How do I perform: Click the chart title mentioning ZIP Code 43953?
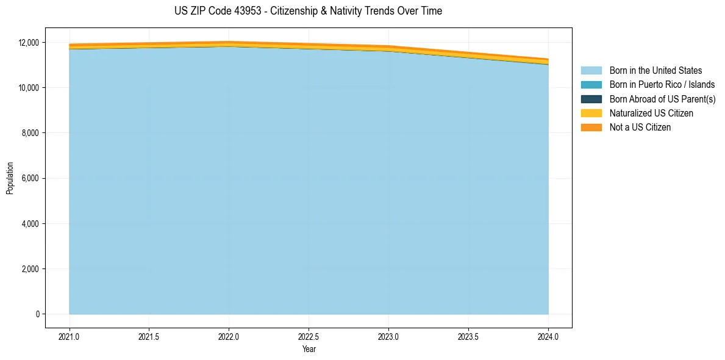click(x=308, y=11)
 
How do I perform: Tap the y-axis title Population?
click(x=10, y=178)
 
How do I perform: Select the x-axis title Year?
click(x=309, y=349)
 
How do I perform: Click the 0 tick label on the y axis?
click(x=37, y=314)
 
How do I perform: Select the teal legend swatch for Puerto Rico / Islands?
click(x=591, y=85)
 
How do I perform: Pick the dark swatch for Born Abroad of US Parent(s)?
click(x=591, y=99)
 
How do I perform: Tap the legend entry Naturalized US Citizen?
click(x=651, y=113)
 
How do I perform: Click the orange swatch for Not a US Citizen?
click(x=591, y=128)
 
